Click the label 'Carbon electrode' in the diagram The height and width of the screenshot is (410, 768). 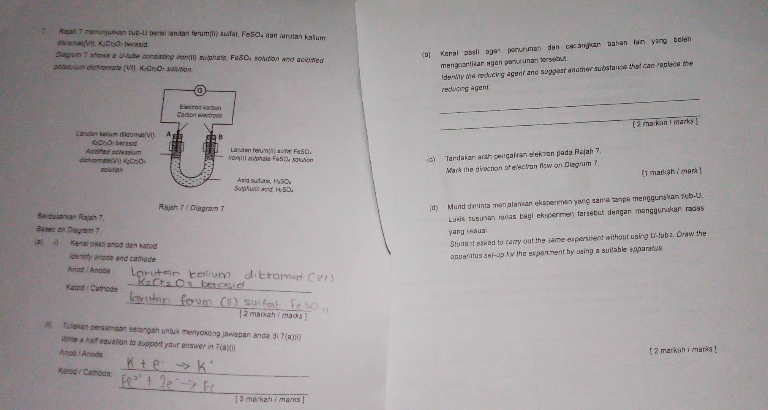tap(200, 115)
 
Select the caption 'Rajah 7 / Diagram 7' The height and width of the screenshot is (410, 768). tap(192, 208)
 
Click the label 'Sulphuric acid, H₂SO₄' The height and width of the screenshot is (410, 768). tap(264, 189)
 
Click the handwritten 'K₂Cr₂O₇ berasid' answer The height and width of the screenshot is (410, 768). tap(190, 284)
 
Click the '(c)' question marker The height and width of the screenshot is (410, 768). tap(431, 159)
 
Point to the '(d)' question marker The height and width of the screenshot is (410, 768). tap(433, 208)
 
